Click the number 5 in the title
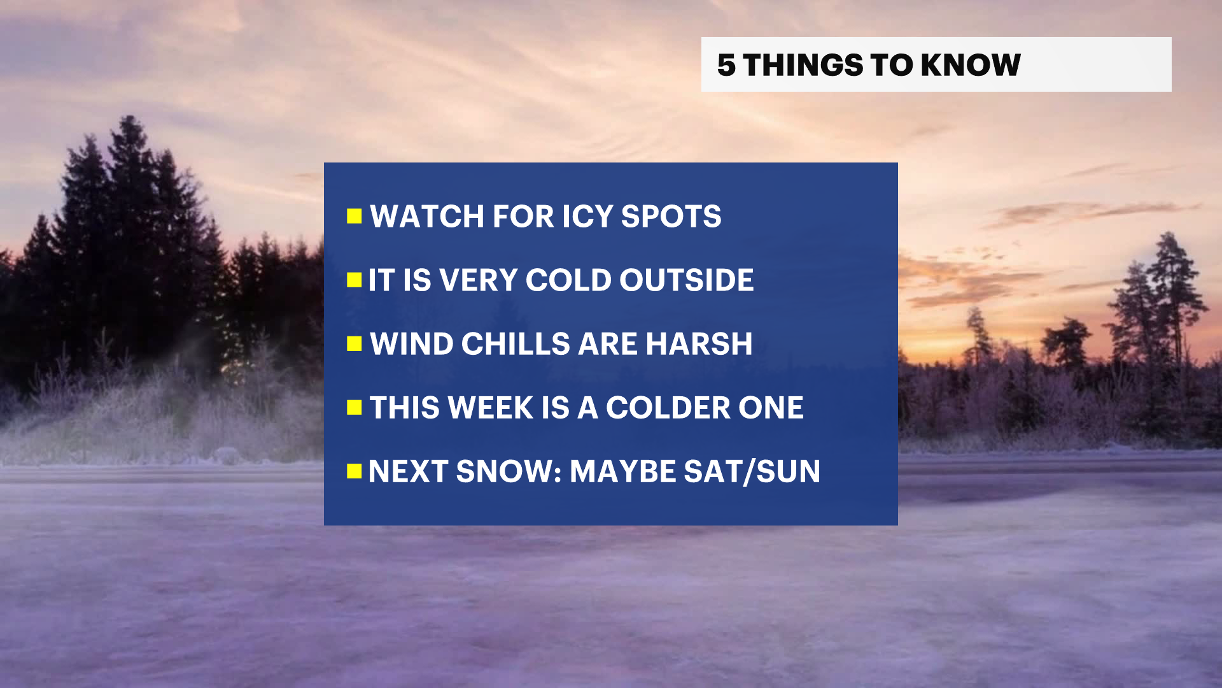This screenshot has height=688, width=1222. click(726, 65)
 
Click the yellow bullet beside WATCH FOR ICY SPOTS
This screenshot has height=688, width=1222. click(355, 217)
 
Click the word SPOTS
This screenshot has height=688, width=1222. click(671, 217)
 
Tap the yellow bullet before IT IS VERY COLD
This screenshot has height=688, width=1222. click(355, 280)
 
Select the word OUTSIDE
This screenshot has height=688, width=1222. click(687, 280)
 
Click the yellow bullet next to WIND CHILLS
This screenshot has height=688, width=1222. click(355, 344)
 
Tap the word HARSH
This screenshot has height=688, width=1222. click(699, 344)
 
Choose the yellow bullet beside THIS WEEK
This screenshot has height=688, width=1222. click(355, 408)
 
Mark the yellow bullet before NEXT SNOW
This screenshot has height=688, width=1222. click(355, 471)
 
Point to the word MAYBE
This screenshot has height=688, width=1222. click(622, 471)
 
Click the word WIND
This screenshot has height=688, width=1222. click(412, 344)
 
